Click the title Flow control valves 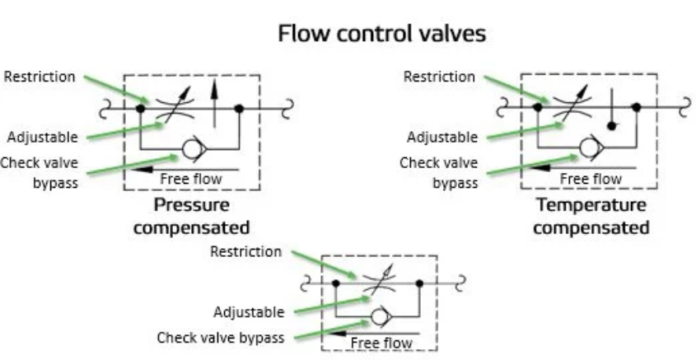pos(381,35)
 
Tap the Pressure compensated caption pos(192,214)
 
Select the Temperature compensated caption pos(590,214)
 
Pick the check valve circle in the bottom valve pos(380,316)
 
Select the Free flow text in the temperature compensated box pos(591,178)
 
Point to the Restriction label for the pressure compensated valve pos(40,77)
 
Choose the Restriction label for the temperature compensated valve pos(439,77)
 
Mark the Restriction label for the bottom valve pos(245,251)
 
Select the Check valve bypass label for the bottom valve pos(221,338)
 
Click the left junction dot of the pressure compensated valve pos(141,108)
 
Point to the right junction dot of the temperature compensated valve pos(637,107)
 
